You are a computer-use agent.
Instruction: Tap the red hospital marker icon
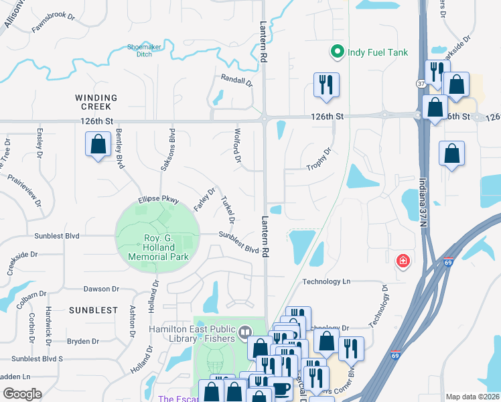click(403, 260)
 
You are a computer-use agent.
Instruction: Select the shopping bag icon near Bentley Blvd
click(98, 144)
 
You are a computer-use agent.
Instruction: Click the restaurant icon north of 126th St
click(326, 85)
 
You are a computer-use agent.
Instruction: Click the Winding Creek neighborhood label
click(96, 103)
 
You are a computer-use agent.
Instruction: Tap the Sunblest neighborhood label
click(92, 311)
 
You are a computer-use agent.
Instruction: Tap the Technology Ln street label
click(326, 282)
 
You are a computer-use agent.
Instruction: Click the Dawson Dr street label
click(100, 289)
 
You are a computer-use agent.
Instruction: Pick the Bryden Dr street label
click(83, 342)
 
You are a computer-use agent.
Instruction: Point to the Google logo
click(22, 394)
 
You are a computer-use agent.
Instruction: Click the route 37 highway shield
click(421, 84)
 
